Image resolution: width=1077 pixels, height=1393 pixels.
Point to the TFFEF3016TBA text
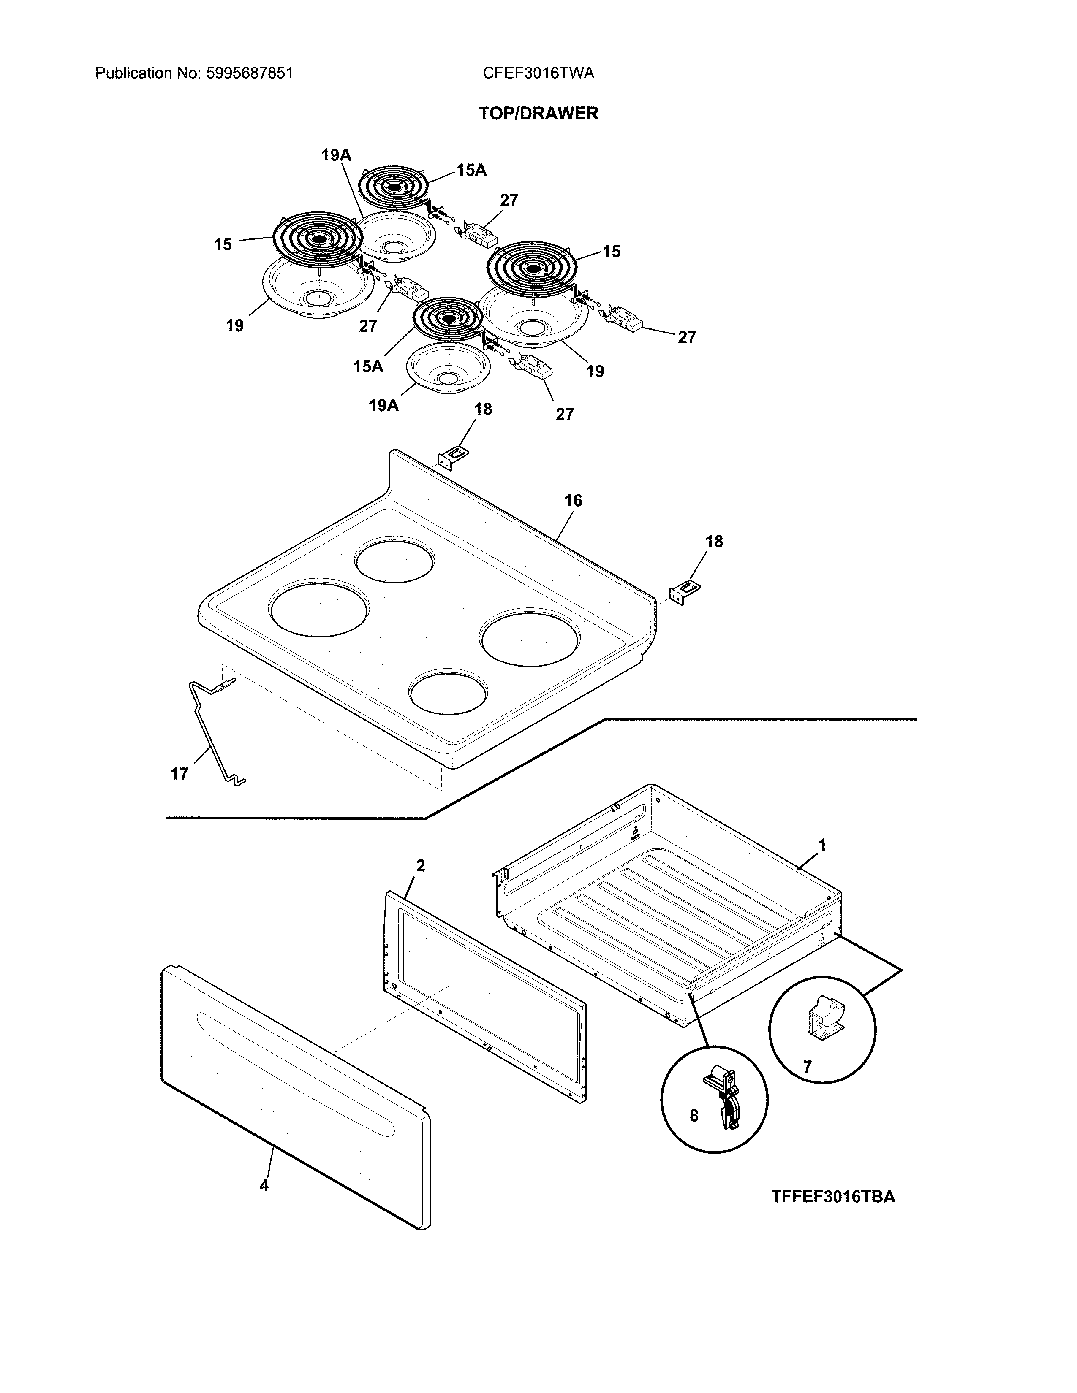[x=832, y=1197]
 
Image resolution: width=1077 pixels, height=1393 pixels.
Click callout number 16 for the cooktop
[x=573, y=501]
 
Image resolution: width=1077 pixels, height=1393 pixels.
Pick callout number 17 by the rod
[x=180, y=774]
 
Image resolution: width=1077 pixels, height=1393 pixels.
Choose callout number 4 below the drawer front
[x=264, y=1185]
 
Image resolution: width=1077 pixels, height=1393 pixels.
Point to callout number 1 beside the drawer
[x=822, y=845]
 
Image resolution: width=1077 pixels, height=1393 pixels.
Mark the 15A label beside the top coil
[x=471, y=170]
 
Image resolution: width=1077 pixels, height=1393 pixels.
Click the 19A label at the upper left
[x=336, y=155]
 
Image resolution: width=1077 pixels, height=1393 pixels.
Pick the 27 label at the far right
[x=686, y=337]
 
